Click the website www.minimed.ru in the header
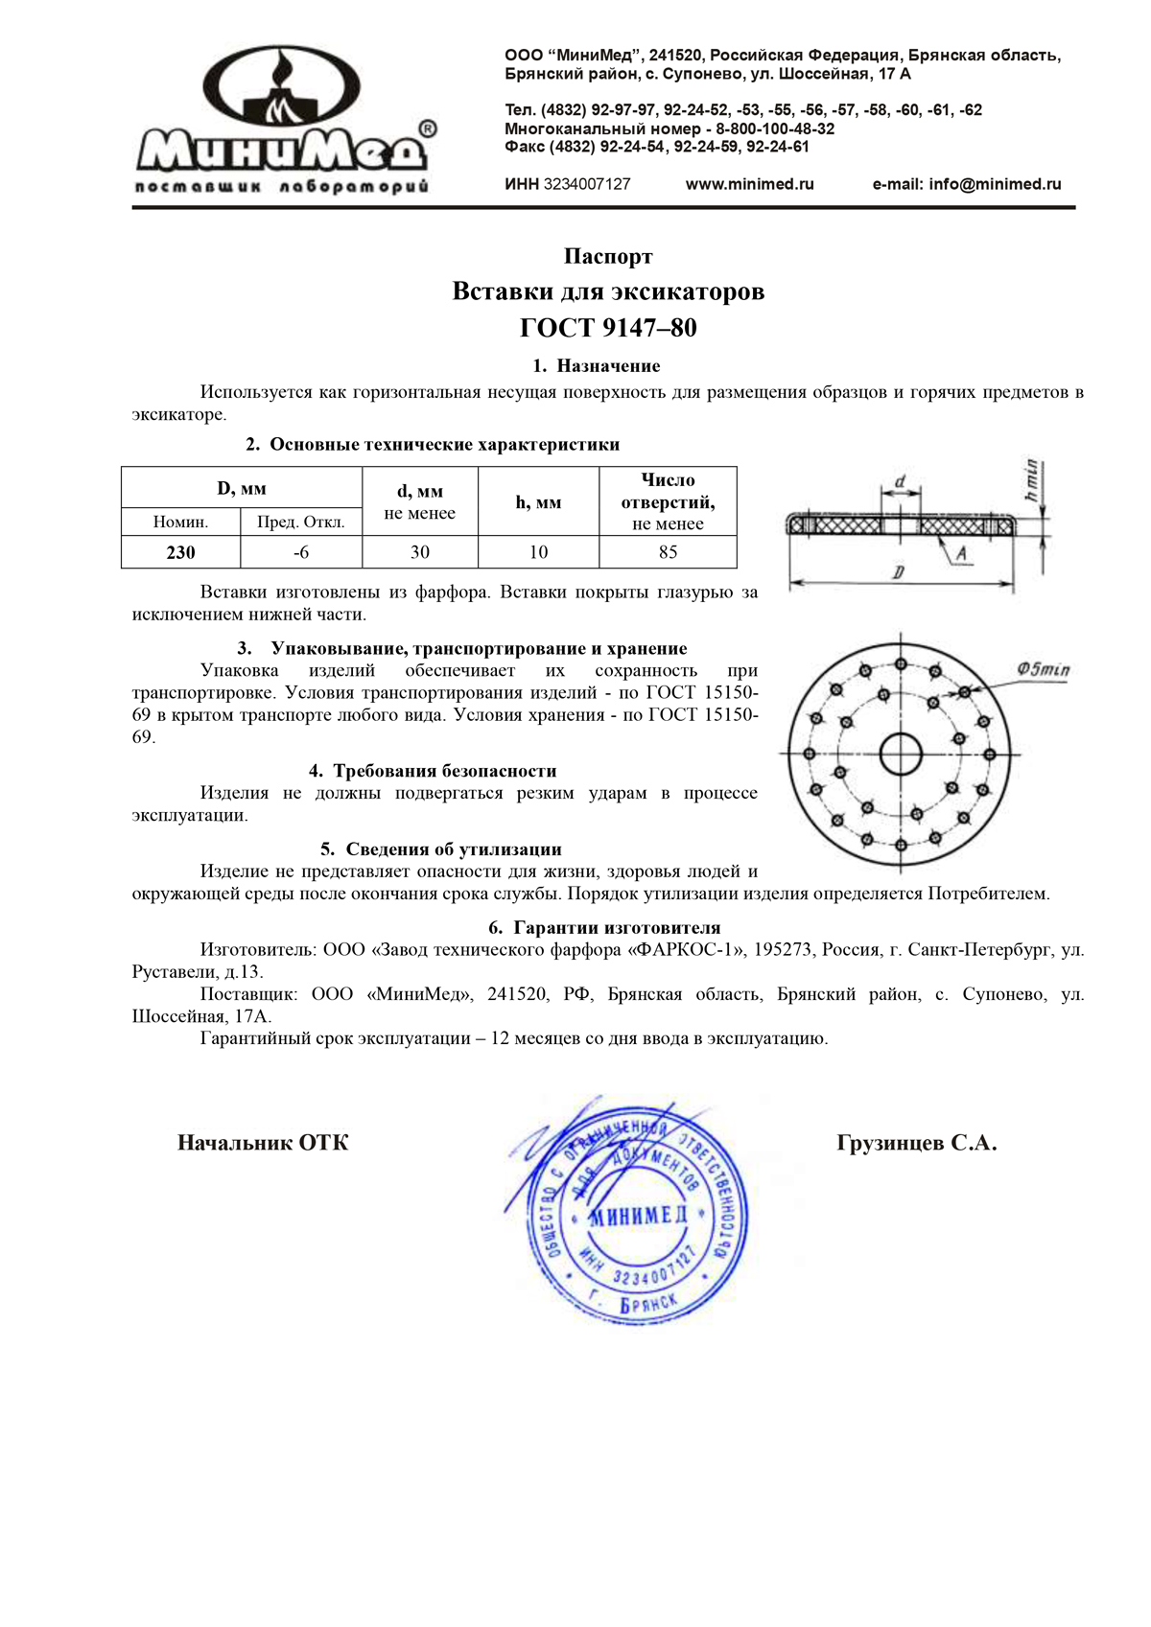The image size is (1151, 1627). (x=749, y=184)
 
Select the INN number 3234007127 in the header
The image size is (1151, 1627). (x=587, y=184)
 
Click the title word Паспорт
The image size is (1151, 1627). (x=608, y=257)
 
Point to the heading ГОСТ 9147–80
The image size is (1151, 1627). (x=608, y=328)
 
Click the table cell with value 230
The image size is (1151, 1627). (x=180, y=552)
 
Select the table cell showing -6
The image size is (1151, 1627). (x=301, y=552)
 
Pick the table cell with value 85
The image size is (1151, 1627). (x=668, y=552)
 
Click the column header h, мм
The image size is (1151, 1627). (x=538, y=501)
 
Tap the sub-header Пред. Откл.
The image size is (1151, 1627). (x=301, y=523)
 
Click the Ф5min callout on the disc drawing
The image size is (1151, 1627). (x=1043, y=669)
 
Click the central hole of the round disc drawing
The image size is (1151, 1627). (x=901, y=754)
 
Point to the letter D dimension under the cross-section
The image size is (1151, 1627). (x=898, y=572)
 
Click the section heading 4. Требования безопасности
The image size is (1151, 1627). (x=433, y=771)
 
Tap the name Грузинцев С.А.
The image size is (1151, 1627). (x=916, y=1143)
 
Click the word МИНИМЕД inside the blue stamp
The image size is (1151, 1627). (x=639, y=1216)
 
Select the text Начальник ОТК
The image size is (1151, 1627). (x=263, y=1143)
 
